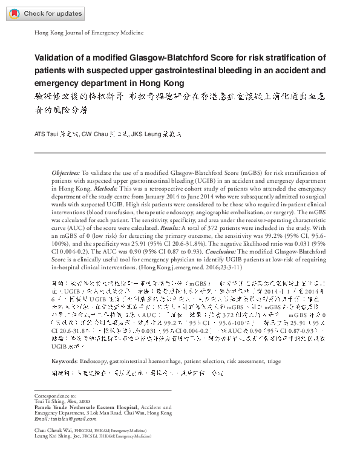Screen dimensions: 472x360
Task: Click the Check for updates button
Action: (x=43, y=13)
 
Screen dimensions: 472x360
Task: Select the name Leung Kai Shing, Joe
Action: (x=57, y=436)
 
